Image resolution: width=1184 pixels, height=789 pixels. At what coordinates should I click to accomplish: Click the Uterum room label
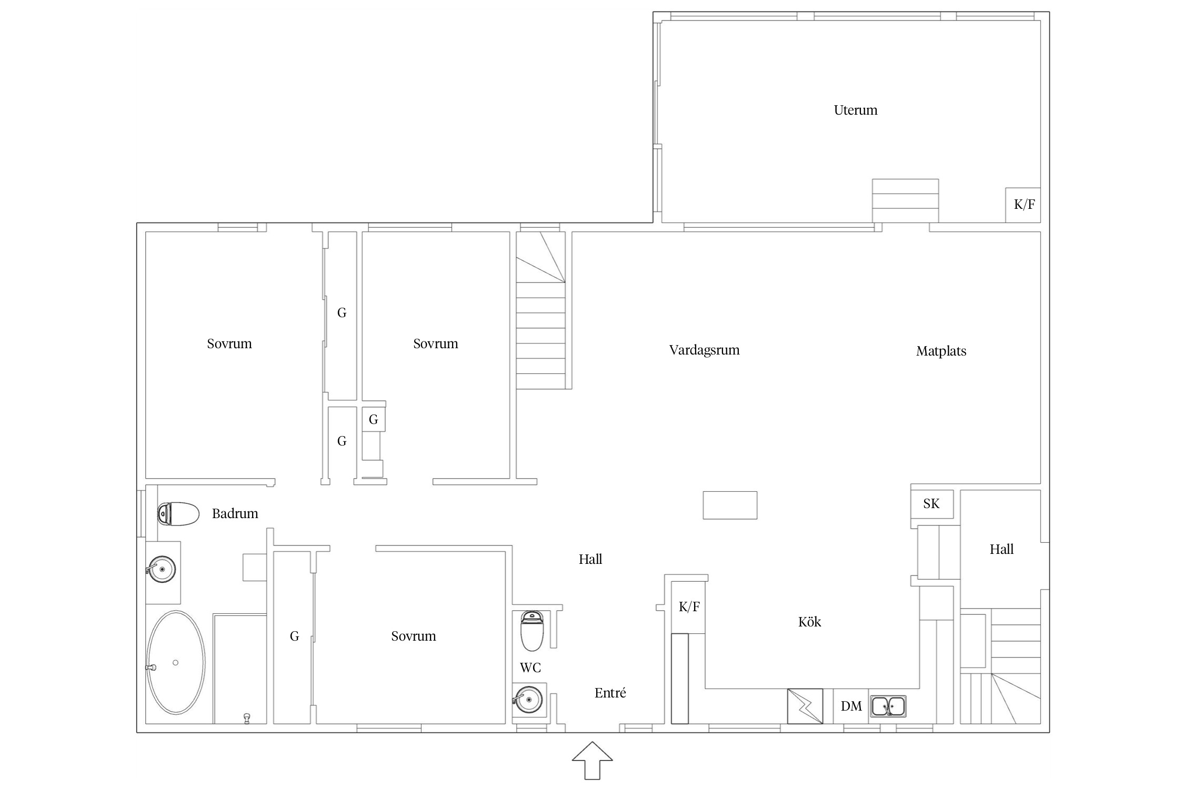click(x=856, y=110)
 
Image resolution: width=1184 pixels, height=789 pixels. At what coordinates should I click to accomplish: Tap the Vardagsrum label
click(x=704, y=350)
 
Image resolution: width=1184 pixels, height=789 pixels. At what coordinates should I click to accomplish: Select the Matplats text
click(x=941, y=351)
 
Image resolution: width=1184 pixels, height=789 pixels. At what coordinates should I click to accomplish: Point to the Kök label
click(x=809, y=622)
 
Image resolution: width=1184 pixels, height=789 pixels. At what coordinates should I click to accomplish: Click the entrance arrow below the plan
click(x=593, y=761)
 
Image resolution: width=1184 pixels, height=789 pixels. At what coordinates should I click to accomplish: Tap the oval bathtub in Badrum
click(x=175, y=663)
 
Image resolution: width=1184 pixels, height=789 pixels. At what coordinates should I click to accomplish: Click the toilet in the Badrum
click(x=178, y=514)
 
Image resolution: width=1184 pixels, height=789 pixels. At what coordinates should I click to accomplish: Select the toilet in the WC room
click(x=532, y=631)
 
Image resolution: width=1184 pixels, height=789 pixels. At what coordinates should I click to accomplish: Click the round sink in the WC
click(x=528, y=700)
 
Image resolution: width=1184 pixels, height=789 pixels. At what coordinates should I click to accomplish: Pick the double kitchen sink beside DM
click(x=888, y=706)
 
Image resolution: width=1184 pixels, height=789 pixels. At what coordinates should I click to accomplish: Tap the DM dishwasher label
click(x=851, y=706)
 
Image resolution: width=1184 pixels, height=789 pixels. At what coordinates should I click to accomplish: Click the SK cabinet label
click(x=931, y=504)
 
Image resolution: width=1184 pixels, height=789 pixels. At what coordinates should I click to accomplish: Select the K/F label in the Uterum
click(x=1024, y=205)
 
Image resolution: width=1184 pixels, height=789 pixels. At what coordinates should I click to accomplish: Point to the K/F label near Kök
click(x=689, y=607)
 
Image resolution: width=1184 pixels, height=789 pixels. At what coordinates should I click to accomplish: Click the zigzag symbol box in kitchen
click(x=805, y=706)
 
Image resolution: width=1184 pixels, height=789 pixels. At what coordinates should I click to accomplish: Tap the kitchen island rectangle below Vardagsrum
click(x=730, y=505)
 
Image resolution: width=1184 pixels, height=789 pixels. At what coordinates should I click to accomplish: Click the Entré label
click(x=610, y=693)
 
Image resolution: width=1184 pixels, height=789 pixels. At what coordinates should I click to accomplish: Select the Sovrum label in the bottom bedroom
click(x=414, y=636)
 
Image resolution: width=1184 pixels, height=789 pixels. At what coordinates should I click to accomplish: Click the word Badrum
click(x=235, y=514)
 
